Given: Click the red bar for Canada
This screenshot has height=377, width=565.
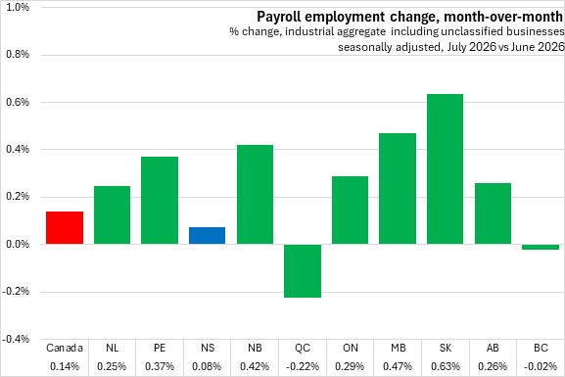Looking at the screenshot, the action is [65, 228].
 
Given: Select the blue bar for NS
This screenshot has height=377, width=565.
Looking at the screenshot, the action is [208, 236].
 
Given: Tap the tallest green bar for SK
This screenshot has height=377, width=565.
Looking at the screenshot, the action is [445, 169].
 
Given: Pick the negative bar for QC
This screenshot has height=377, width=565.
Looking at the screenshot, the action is [303, 271].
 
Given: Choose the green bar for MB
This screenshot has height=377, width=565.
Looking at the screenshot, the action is [398, 188].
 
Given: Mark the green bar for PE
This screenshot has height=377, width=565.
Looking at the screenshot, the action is [160, 201].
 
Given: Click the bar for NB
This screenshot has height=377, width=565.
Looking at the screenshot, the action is [255, 195].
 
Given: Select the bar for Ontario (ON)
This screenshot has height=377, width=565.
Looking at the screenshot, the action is [350, 211].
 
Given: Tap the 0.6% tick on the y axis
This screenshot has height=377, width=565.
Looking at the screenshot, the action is [18, 102].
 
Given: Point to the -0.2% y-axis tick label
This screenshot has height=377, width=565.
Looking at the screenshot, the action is [16, 291].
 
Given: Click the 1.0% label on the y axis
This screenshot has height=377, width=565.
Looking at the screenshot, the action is [18, 7].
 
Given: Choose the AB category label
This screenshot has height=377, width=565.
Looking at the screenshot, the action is [493, 348].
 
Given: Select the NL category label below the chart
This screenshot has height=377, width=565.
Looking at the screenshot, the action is [112, 348].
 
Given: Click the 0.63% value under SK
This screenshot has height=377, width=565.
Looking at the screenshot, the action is [446, 366].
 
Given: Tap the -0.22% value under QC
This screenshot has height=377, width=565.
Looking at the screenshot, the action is [303, 366].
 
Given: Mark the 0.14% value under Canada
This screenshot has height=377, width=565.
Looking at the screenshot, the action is [65, 366].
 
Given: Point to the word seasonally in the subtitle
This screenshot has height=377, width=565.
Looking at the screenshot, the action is [364, 47].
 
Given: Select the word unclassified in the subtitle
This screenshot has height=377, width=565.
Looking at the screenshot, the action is [472, 31].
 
